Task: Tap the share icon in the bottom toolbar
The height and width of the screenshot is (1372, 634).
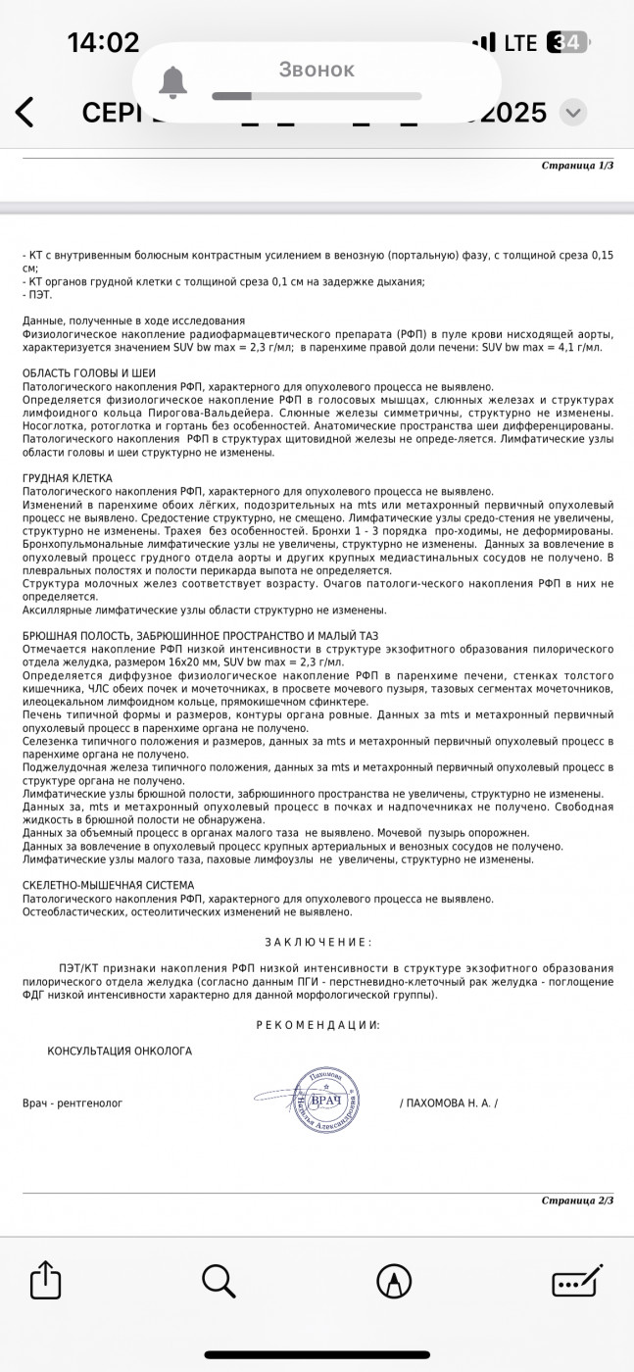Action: pos(46,1280)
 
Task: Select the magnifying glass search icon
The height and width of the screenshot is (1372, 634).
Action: pos(219,1280)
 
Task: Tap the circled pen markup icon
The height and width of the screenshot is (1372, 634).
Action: pos(394,1280)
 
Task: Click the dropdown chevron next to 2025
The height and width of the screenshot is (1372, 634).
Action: pos(573,112)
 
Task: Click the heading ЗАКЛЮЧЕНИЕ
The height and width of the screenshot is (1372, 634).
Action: pos(317,942)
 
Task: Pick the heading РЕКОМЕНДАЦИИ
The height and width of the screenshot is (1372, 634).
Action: pos(317,1024)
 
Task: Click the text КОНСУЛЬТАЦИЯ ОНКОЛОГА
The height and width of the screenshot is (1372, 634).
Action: pos(120,1051)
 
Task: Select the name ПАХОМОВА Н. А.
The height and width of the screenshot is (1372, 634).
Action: pos(449,1102)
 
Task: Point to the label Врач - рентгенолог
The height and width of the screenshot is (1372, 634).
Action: pos(73,1102)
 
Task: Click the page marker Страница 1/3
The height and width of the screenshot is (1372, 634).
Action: pos(577,166)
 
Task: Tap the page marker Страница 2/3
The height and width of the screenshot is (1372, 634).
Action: pos(577,1200)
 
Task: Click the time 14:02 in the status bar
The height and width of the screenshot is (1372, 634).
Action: pos(103,42)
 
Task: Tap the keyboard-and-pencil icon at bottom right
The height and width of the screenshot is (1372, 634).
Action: pos(577,1280)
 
